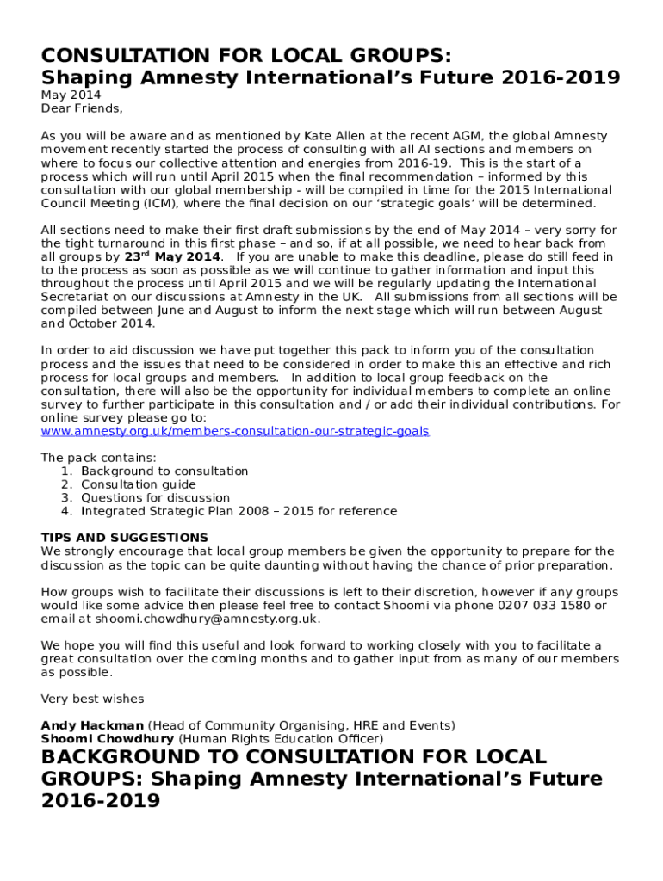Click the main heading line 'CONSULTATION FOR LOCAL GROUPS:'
tap(246, 56)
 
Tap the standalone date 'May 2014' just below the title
tap(71, 95)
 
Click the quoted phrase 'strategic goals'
tap(433, 204)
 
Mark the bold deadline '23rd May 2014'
tap(172, 256)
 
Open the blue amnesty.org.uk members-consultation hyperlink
tap(235, 431)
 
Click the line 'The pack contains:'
tap(99, 458)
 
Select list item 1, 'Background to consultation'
tap(164, 471)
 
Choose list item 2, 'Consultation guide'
tap(139, 484)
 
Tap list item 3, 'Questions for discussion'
tap(156, 498)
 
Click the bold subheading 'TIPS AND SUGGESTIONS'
tap(125, 538)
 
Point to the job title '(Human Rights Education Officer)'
tap(281, 738)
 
